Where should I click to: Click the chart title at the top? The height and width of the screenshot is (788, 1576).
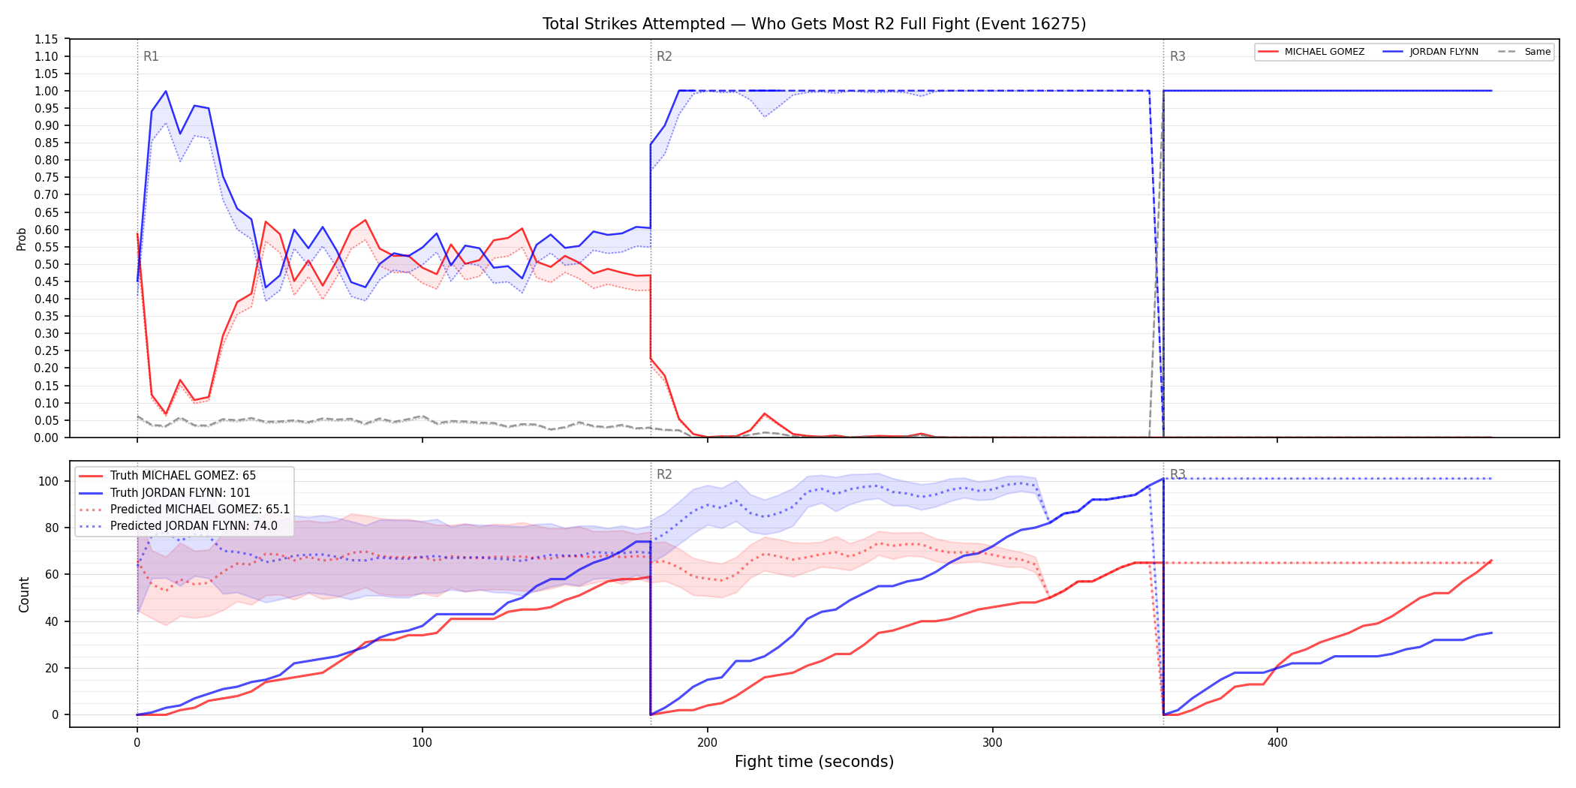click(814, 24)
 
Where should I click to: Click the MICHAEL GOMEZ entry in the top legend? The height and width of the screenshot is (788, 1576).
click(1325, 52)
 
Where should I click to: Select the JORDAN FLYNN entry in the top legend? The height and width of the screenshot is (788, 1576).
click(1444, 52)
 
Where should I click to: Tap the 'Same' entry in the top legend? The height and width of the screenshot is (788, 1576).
click(1538, 52)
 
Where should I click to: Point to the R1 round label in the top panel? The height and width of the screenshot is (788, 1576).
click(151, 56)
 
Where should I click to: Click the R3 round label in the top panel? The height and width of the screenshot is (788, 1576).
click(1177, 56)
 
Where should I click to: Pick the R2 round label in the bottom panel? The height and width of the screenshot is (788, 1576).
click(664, 474)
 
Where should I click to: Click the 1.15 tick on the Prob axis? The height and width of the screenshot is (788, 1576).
click(47, 39)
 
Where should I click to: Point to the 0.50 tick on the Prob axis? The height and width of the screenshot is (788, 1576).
click(47, 264)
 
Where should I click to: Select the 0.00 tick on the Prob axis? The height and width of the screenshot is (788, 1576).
click(47, 438)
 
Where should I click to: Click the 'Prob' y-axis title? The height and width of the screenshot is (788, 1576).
click(22, 239)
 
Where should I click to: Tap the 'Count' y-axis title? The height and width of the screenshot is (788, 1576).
click(24, 594)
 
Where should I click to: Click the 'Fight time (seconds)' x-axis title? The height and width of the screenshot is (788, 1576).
click(814, 762)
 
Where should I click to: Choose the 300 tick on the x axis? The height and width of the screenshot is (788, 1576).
click(992, 743)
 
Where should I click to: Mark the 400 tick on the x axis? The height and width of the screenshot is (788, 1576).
click(1277, 743)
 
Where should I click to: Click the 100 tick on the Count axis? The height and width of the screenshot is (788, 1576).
click(49, 481)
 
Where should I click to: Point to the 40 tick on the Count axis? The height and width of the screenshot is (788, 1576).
click(52, 621)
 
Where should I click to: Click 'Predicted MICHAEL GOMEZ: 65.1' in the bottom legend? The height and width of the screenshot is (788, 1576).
click(200, 510)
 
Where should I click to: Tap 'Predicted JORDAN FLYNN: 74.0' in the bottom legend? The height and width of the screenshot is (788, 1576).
click(194, 526)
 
